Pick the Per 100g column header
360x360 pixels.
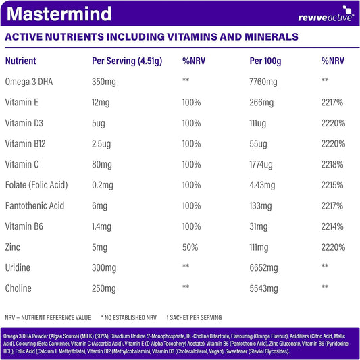[x=265, y=61]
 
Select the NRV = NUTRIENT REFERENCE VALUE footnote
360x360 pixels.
[x=47, y=317]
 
